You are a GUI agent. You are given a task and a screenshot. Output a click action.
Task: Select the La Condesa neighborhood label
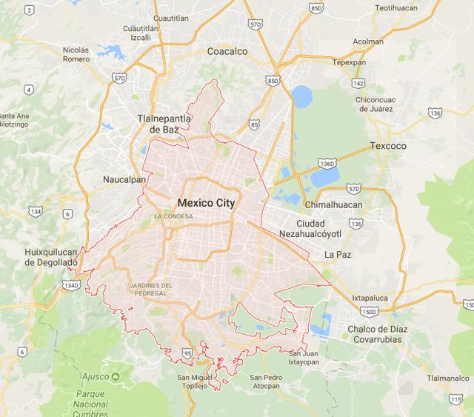pos(173,216)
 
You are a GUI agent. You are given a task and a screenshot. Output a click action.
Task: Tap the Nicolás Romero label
pos(76,55)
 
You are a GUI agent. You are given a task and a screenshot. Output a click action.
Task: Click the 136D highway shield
pos(327,162)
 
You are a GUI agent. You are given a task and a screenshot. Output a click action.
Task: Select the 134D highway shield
pos(71,285)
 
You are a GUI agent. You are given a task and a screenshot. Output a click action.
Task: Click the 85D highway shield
pos(316,8)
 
